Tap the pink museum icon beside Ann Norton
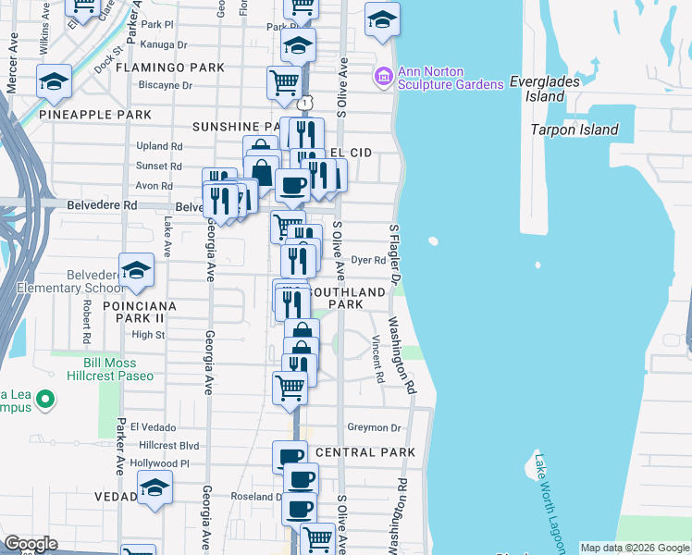click(x=384, y=75)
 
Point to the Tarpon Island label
click(x=575, y=129)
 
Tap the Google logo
click(x=31, y=543)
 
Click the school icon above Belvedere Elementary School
click(x=136, y=269)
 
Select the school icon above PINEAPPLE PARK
click(x=55, y=81)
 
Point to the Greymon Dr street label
click(x=374, y=428)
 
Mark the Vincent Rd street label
click(x=377, y=359)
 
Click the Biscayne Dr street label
click(x=162, y=86)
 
